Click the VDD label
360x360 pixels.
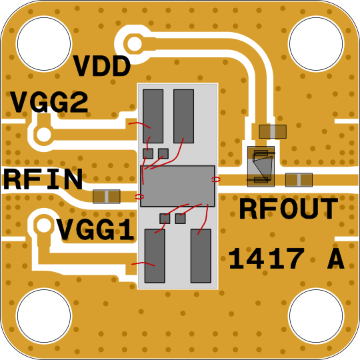coord(102,67)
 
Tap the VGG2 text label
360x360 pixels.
coord(49,102)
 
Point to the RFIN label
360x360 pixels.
coord(43,179)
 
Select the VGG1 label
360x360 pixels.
coord(95,229)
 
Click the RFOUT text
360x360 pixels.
coord(289,209)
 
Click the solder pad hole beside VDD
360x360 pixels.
coord(134,43)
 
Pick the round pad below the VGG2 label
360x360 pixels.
coord(43,135)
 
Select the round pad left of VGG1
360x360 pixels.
coord(43,225)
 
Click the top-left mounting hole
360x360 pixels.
coord(44,43)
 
